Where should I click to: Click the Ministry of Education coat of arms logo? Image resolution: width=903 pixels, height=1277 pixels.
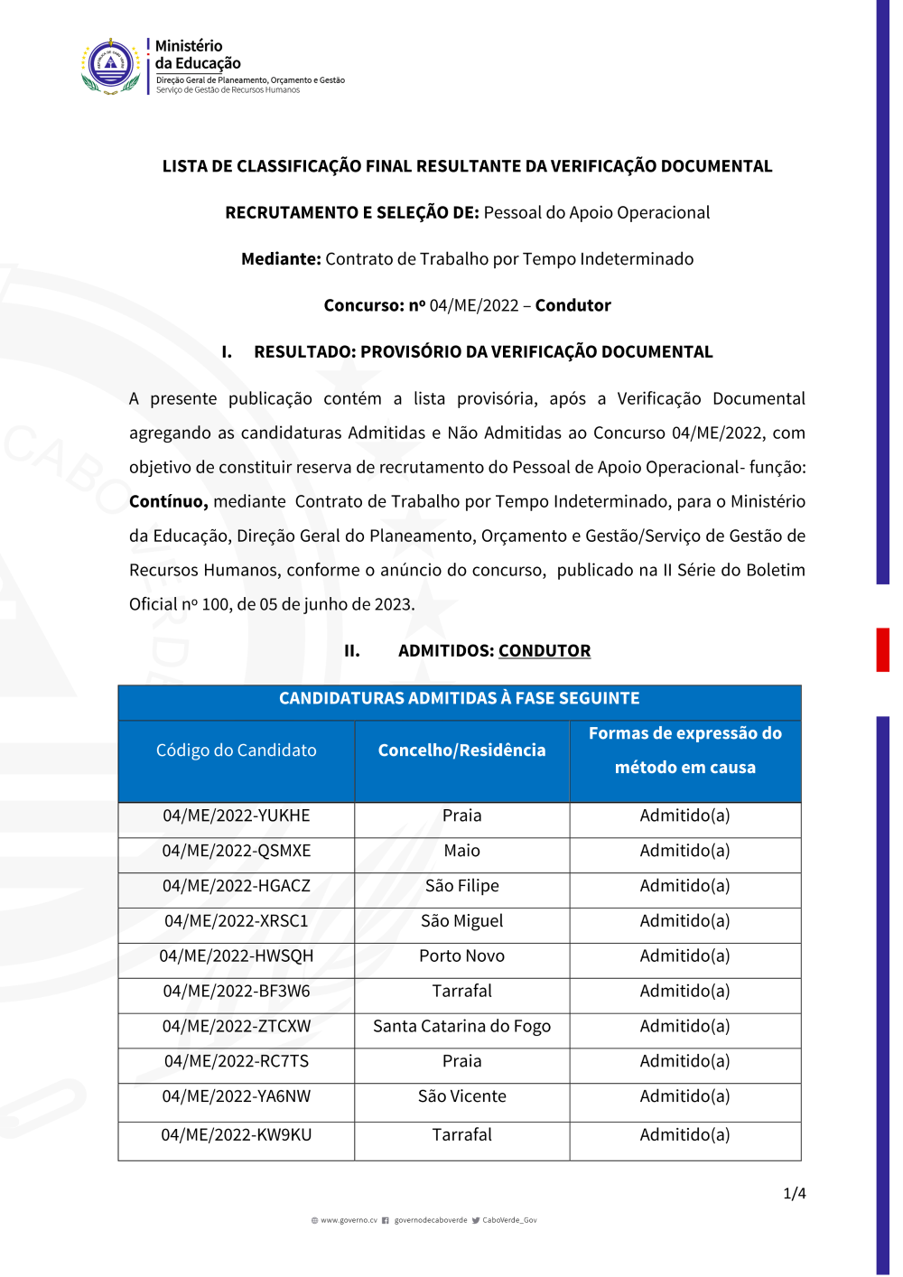(x=111, y=66)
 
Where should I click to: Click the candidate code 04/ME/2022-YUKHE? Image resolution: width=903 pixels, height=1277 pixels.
(x=236, y=816)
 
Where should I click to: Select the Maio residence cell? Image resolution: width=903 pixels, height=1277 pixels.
(x=461, y=851)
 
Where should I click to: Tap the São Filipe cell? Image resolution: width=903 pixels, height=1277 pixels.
(x=461, y=886)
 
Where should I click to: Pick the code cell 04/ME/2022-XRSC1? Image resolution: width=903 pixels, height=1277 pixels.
(x=236, y=921)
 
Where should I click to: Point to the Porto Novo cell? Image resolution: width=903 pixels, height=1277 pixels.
(x=461, y=955)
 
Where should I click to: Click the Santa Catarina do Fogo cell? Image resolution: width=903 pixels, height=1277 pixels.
(x=461, y=1026)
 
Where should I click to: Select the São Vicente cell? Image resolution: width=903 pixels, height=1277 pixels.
(x=461, y=1096)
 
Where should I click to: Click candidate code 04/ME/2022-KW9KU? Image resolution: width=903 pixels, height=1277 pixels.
(x=236, y=1135)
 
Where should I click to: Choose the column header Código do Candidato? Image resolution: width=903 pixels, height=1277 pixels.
(x=236, y=750)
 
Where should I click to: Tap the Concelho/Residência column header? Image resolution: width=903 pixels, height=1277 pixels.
(x=461, y=750)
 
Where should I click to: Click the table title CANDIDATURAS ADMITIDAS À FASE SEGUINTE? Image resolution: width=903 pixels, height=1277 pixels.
(x=459, y=698)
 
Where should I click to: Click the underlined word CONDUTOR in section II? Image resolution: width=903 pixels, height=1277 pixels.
(x=545, y=651)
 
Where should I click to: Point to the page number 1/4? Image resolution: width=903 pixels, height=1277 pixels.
(x=795, y=1194)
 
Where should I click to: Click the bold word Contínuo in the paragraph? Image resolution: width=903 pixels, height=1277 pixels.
(x=168, y=502)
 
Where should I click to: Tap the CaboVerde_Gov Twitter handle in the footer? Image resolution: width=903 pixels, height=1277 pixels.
(x=509, y=1220)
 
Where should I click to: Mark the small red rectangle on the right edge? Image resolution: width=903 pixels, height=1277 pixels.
(x=882, y=649)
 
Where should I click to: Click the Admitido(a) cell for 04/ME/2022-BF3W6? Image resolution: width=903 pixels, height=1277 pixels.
(x=684, y=992)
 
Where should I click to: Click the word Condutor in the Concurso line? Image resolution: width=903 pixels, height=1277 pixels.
(x=573, y=305)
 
